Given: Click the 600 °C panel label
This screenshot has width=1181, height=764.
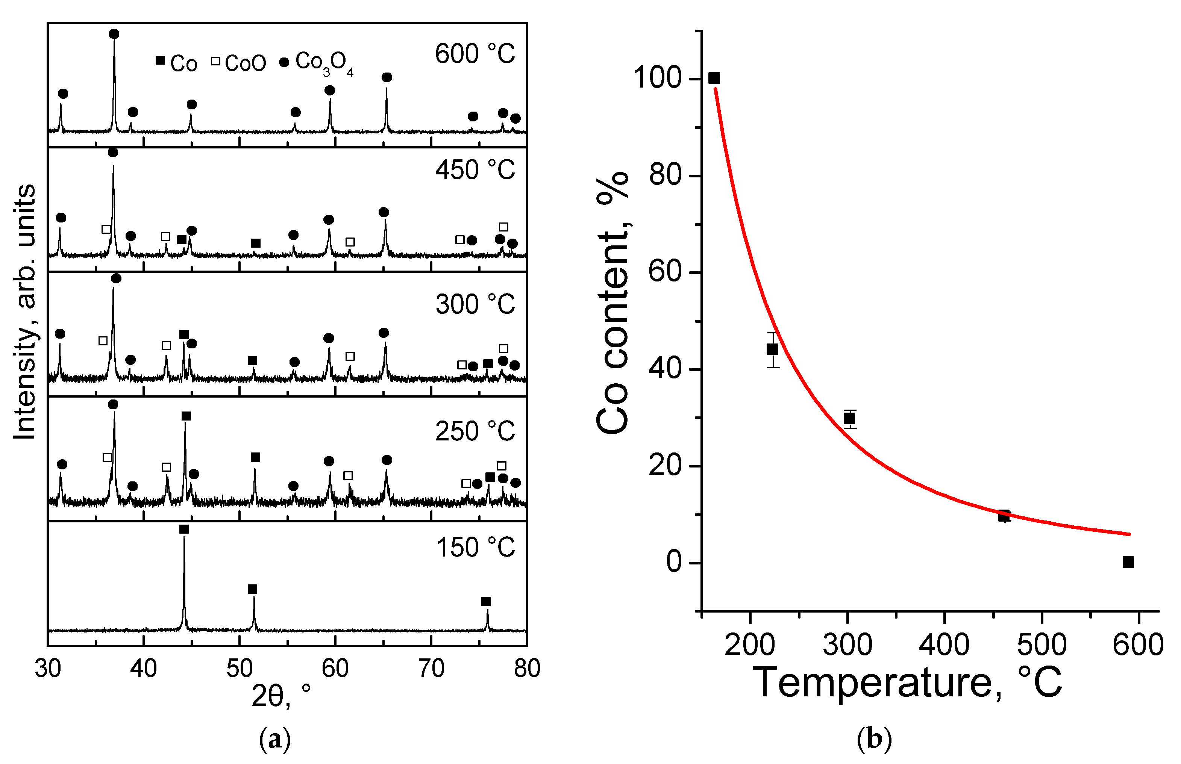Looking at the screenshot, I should point(475,54).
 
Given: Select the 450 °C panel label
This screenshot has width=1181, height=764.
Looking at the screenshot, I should point(475,170).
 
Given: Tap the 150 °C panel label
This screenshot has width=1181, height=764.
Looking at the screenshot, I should point(475,548).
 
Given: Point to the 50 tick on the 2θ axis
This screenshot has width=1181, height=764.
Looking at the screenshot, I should point(239,668).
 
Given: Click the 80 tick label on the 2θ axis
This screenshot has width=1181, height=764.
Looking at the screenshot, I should point(526,668).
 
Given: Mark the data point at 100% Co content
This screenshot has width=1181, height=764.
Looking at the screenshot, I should point(714,78).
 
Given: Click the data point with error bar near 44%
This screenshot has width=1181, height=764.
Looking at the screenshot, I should point(773,349).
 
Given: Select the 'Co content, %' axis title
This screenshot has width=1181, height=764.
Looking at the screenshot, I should point(613,303).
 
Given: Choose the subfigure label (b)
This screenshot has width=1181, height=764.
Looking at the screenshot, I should point(874,739).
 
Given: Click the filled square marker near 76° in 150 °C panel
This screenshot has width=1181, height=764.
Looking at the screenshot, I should point(486,602).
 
